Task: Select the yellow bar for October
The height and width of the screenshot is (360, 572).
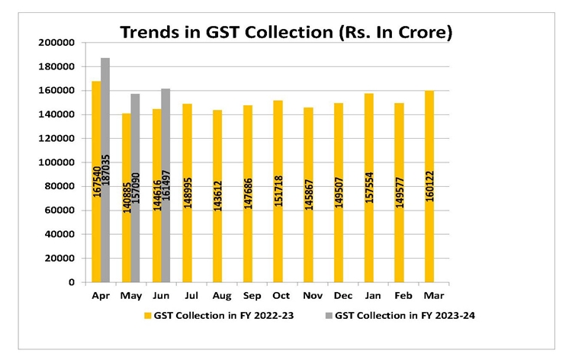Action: pos(278,191)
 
